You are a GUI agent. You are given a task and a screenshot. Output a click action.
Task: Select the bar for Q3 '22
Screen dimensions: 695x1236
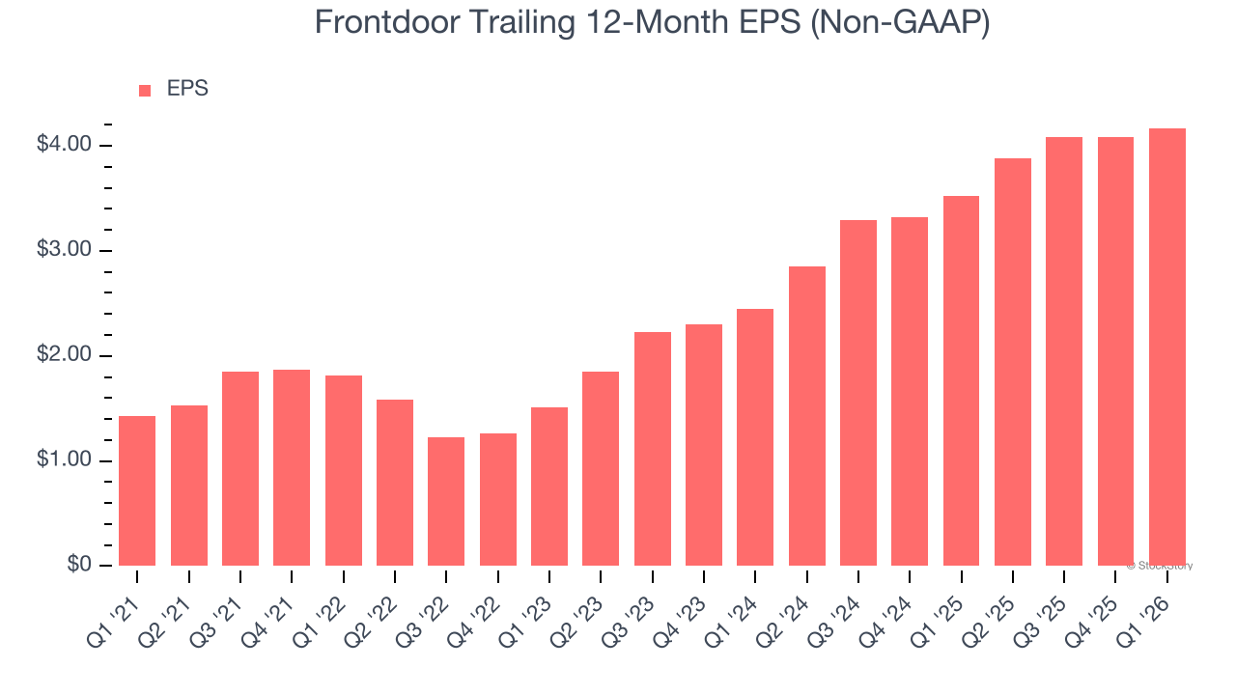(446, 501)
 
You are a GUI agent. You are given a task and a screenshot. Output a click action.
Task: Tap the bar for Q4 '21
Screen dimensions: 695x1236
(292, 467)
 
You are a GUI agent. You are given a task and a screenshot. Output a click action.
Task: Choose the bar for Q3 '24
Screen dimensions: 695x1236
(858, 393)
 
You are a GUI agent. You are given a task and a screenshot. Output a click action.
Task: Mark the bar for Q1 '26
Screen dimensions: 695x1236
(1167, 347)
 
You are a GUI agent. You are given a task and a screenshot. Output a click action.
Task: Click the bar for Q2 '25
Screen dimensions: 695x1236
(1013, 362)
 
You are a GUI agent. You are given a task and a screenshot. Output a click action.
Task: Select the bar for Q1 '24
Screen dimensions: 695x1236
(755, 437)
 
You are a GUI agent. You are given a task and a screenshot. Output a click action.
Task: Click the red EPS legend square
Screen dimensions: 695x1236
(145, 91)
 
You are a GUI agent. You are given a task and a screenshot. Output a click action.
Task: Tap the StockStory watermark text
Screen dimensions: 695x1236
(1160, 566)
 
